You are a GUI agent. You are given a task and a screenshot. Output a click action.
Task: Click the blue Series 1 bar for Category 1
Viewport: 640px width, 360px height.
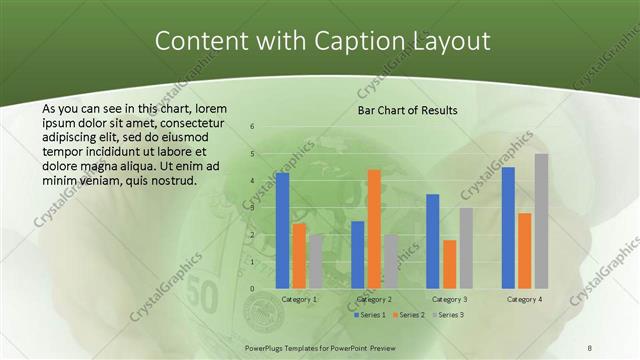point(282,230)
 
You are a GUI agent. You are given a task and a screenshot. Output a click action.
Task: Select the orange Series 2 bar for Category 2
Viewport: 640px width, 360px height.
point(374,229)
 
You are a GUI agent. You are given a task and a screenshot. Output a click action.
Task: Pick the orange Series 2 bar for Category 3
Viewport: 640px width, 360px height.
point(450,264)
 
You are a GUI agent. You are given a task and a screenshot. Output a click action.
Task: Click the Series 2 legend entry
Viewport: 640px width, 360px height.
point(410,314)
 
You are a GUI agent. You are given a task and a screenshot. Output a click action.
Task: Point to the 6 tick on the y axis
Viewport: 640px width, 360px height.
point(252,126)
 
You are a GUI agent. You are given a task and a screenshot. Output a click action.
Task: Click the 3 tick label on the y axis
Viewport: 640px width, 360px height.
point(252,208)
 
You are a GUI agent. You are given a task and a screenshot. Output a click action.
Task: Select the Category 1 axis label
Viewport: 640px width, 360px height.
point(299,299)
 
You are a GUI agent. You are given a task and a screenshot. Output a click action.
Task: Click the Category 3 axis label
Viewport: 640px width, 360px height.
point(449,299)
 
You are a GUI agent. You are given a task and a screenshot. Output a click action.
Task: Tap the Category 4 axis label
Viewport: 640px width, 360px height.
point(524,299)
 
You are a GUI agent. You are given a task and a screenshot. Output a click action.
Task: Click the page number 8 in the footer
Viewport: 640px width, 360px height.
point(589,346)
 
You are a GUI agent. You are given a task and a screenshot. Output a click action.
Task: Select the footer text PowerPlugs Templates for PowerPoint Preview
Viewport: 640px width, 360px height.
point(319,346)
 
